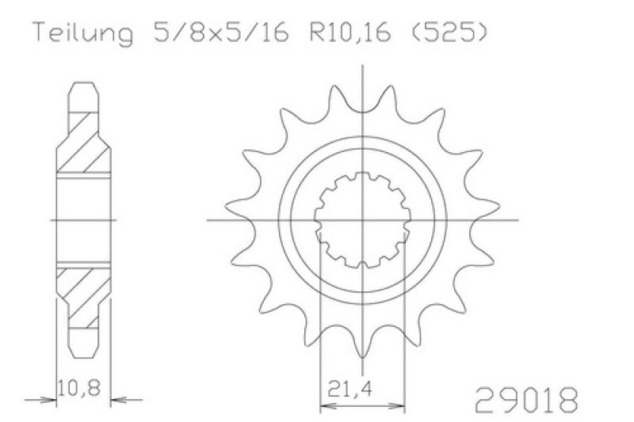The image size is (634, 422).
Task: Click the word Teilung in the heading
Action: coord(83,32)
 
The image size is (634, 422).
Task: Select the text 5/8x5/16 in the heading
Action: coord(221,32)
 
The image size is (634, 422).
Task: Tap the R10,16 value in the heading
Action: coord(350,32)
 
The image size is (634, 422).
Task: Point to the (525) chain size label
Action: coord(448,32)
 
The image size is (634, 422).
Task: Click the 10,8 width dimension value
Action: coord(79,388)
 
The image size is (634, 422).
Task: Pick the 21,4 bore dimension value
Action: coord(350,390)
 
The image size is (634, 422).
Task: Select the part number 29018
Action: coord(525,400)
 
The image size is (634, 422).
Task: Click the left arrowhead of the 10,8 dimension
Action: coord(48,400)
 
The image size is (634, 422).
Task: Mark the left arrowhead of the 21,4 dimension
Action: coord(329,405)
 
